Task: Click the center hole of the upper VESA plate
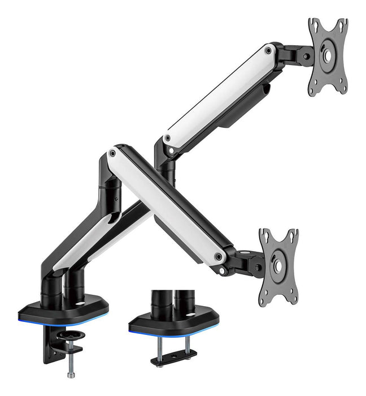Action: pos(328,57)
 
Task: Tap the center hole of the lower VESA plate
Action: pos(278,263)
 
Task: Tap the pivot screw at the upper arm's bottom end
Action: pos(167,138)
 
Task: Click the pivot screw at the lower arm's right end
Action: pos(218,256)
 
